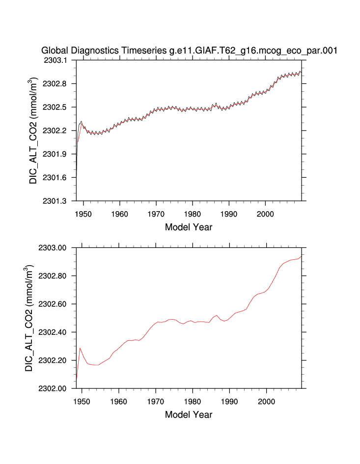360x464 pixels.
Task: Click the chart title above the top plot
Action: point(189,50)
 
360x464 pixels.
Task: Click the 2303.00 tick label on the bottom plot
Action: point(55,247)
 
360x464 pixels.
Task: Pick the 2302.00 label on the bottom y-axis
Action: point(55,389)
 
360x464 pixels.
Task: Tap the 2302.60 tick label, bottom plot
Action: point(55,304)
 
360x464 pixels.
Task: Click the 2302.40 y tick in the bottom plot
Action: point(55,332)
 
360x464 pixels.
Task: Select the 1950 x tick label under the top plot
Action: point(83,214)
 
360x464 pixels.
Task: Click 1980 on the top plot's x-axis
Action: point(193,214)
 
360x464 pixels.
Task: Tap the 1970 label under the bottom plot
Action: point(156,402)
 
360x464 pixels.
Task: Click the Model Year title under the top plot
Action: point(189,227)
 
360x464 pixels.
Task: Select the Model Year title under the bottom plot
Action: point(189,415)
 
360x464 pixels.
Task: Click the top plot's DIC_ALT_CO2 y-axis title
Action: point(33,130)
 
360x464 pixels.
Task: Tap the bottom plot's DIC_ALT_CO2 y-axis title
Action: point(30,318)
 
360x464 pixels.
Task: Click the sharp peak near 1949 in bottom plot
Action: point(80,348)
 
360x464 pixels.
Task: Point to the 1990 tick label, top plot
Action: point(229,214)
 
